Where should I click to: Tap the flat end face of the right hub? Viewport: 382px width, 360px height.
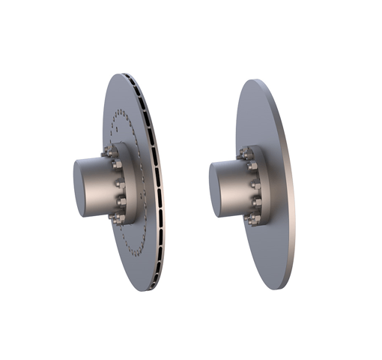tap(219, 187)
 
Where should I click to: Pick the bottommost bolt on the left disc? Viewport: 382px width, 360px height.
tap(116, 218)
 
